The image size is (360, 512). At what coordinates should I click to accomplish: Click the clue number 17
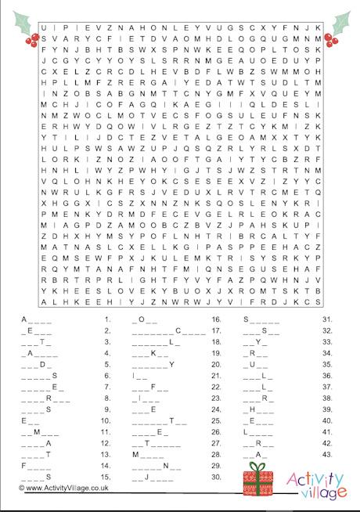click(x=215, y=330)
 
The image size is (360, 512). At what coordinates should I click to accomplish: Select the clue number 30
click(x=216, y=476)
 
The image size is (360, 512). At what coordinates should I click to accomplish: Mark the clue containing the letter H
click(x=261, y=409)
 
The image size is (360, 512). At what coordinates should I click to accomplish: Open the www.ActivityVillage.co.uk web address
click(x=66, y=487)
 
